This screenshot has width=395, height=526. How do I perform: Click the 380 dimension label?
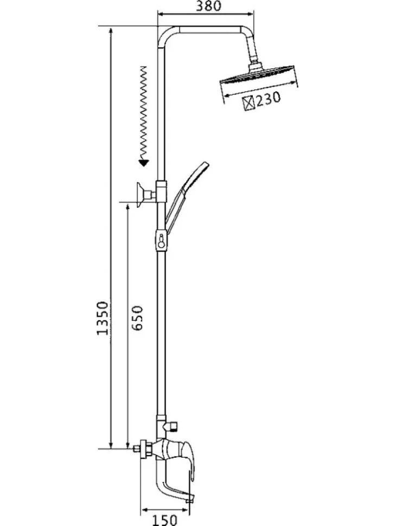[x=208, y=6]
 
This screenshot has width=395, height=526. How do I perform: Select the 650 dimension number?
[x=137, y=318]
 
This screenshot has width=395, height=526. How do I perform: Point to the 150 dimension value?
[x=164, y=520]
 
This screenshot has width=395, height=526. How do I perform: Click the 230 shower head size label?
[x=268, y=99]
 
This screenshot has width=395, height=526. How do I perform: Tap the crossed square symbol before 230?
[x=249, y=102]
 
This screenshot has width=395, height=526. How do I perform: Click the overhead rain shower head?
[x=259, y=74]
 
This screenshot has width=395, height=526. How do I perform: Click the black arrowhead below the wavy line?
[x=144, y=163]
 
